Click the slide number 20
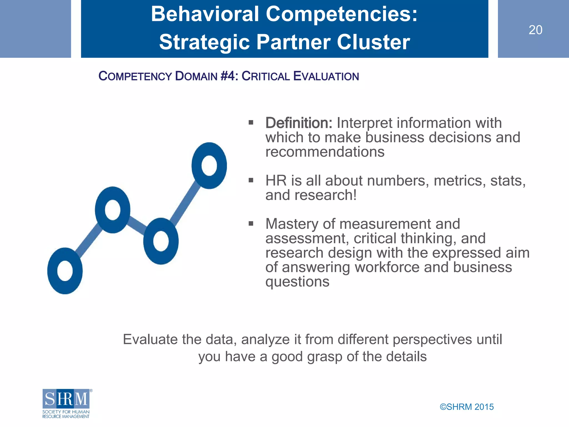coord(535,30)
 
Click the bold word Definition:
coord(299,123)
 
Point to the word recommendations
coord(325,152)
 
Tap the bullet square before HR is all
coord(251,180)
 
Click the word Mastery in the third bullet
coord(292,224)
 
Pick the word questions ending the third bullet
coord(297,282)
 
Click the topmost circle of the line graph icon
coord(209,166)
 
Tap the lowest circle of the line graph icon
coord(65,271)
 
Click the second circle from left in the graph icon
coord(113,210)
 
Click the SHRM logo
coord(66,403)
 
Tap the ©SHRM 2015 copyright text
coord(466,407)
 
